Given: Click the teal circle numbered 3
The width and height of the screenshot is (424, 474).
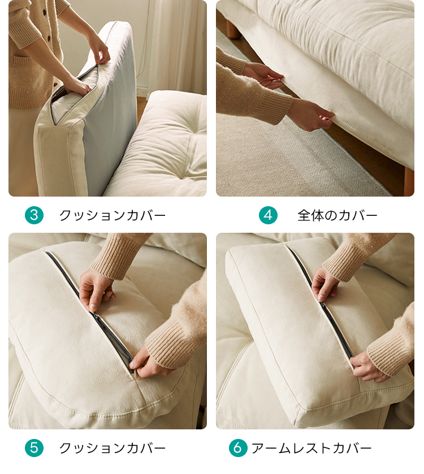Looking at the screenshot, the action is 34,215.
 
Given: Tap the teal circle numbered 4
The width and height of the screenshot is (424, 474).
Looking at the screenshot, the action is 268,215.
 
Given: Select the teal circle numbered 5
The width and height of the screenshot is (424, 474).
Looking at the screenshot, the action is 34,447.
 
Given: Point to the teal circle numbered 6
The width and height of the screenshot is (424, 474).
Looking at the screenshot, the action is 238,447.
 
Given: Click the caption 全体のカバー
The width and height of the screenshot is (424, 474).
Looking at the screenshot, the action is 338,215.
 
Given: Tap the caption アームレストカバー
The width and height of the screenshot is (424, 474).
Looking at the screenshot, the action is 311,447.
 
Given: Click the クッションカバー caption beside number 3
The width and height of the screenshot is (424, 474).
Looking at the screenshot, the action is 113,215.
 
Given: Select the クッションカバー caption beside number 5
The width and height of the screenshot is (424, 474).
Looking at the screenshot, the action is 113,447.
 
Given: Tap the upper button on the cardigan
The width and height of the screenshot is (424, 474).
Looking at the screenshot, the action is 44,12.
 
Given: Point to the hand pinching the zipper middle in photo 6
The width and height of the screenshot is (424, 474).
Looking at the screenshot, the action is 325,284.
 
